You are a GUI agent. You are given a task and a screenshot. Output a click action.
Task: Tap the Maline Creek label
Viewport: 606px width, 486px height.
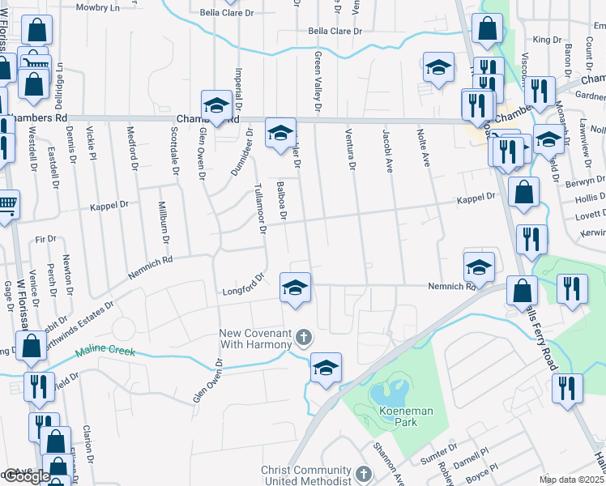(x=103, y=353)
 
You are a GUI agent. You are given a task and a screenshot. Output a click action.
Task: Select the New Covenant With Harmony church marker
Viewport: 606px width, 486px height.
(x=303, y=336)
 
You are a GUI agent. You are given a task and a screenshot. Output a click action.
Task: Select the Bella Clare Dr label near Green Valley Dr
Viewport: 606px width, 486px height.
(x=334, y=31)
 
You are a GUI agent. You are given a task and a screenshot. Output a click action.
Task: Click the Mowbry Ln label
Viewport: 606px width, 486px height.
(x=96, y=6)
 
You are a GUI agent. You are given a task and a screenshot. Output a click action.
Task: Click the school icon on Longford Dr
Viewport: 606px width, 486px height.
(x=295, y=288)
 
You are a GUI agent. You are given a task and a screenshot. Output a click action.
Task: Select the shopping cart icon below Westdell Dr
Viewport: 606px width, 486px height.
(x=6, y=204)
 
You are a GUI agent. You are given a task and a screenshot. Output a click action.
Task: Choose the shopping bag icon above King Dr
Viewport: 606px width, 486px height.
(x=487, y=30)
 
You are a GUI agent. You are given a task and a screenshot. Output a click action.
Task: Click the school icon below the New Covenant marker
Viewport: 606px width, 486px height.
(x=326, y=367)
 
